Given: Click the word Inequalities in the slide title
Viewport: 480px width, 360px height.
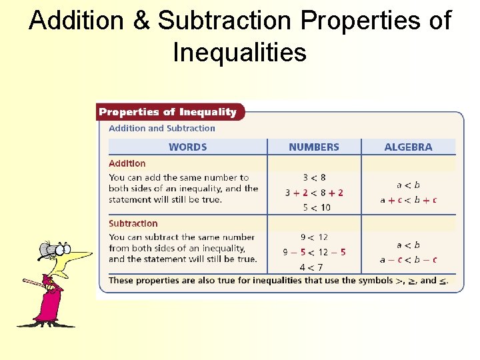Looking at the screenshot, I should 239,51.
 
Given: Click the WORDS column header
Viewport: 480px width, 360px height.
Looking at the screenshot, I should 187,147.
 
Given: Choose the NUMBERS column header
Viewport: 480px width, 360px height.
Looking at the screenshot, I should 314,147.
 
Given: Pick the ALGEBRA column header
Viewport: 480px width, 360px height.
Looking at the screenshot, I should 408,147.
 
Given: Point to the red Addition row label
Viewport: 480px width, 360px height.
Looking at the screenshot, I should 127,163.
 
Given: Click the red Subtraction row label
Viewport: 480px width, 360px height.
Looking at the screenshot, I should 133,223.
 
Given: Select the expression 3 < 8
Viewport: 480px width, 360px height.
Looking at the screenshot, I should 314,178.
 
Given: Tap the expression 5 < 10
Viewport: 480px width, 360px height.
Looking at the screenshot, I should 314,207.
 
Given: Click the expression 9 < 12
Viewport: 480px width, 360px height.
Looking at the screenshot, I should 314,237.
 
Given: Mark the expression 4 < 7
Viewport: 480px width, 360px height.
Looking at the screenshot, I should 311,267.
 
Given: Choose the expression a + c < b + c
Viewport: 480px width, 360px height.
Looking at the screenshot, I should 408,200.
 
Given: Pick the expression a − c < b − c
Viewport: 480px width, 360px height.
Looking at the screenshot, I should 408,260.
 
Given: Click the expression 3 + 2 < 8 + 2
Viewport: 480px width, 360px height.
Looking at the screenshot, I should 314,193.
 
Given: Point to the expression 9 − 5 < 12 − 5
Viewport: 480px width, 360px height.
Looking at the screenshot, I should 314,252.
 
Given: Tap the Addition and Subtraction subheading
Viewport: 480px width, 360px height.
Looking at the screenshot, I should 162,128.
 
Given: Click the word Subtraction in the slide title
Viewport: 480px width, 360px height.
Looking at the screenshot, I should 224,21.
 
